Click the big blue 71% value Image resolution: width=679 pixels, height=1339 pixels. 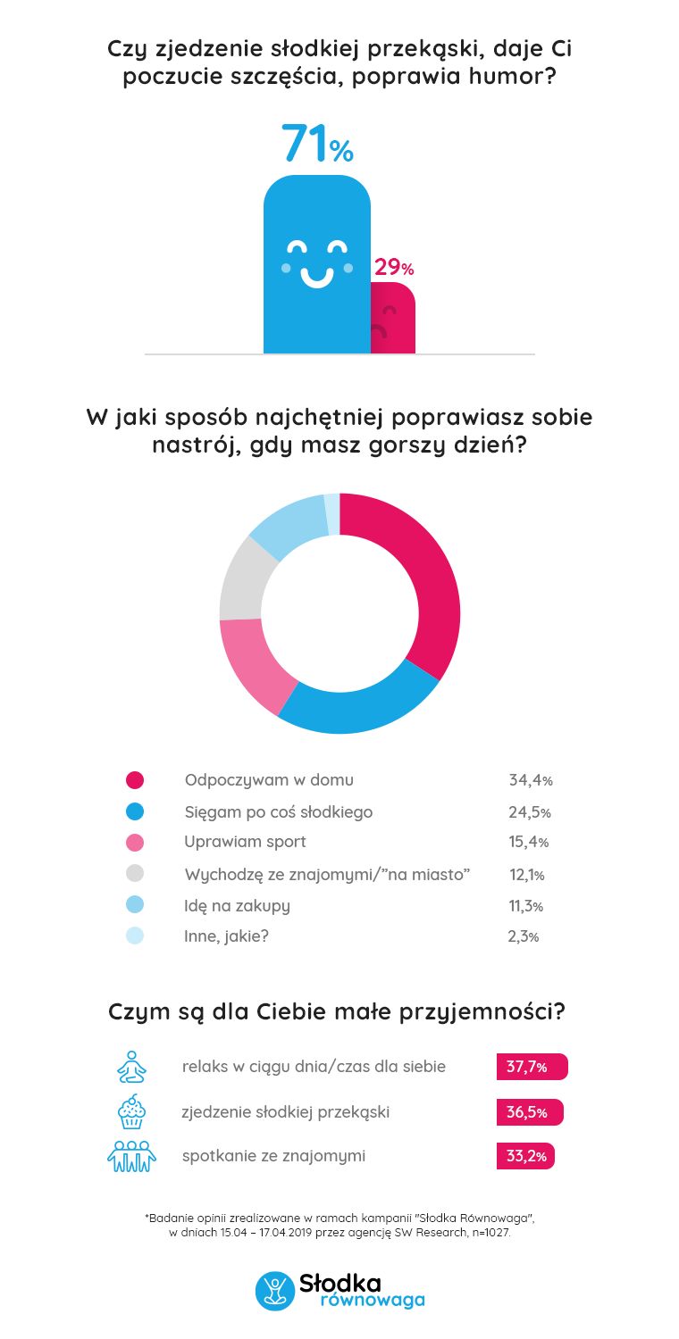click(x=317, y=144)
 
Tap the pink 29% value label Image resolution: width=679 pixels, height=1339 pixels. click(x=393, y=268)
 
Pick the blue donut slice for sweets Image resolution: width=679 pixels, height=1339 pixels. click(x=357, y=705)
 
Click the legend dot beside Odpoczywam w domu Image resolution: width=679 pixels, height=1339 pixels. click(x=135, y=780)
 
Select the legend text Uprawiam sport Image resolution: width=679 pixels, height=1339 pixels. click(x=245, y=842)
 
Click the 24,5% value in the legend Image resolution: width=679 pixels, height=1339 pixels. click(x=530, y=812)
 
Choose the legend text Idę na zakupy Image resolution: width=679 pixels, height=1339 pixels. click(x=237, y=906)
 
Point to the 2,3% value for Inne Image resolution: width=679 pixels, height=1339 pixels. click(x=524, y=937)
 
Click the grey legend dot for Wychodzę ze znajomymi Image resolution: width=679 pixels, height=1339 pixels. click(x=135, y=874)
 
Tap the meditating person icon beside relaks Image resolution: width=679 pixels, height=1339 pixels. click(x=131, y=1066)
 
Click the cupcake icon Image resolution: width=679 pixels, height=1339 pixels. click(x=131, y=1112)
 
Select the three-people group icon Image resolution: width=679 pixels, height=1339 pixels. click(x=131, y=1156)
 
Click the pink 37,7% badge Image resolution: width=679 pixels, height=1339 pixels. click(x=532, y=1067)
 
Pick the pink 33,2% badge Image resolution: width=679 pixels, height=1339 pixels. click(x=525, y=1156)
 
